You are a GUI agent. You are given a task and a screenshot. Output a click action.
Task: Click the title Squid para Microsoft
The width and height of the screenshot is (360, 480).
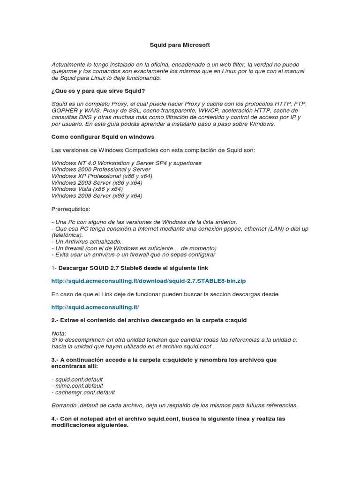(180, 45)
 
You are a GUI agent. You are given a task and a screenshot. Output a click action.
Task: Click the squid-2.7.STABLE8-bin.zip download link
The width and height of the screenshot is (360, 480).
(149, 281)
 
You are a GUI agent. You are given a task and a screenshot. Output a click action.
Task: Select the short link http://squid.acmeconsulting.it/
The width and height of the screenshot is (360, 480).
(95, 307)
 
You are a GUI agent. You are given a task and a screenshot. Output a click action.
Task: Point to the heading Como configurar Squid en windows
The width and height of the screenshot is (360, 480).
(103, 137)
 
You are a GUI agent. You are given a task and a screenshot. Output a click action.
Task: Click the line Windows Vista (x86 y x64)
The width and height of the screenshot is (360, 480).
(87, 189)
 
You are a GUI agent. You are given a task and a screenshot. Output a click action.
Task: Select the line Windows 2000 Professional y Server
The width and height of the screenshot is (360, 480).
(101, 169)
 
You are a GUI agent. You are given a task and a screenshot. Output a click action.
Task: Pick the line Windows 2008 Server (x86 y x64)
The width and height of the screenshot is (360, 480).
(97, 195)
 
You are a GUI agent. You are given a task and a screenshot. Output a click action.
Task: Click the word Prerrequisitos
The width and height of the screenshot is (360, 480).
(71, 209)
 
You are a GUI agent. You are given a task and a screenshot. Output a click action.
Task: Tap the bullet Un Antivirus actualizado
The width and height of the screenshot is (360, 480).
(88, 241)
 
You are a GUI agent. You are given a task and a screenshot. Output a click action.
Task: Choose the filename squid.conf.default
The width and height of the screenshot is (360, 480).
(79, 379)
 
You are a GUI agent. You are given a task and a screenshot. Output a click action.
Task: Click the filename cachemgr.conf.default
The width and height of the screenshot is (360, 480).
(84, 392)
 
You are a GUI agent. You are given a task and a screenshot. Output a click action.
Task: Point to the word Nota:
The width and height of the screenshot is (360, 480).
(59, 333)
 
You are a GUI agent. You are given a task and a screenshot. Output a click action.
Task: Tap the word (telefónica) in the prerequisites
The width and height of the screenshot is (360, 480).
(67, 235)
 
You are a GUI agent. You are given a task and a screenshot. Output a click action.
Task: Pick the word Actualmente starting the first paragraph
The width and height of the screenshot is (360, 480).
(69, 64)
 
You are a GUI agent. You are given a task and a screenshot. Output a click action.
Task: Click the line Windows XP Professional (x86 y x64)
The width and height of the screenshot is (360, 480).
(102, 176)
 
